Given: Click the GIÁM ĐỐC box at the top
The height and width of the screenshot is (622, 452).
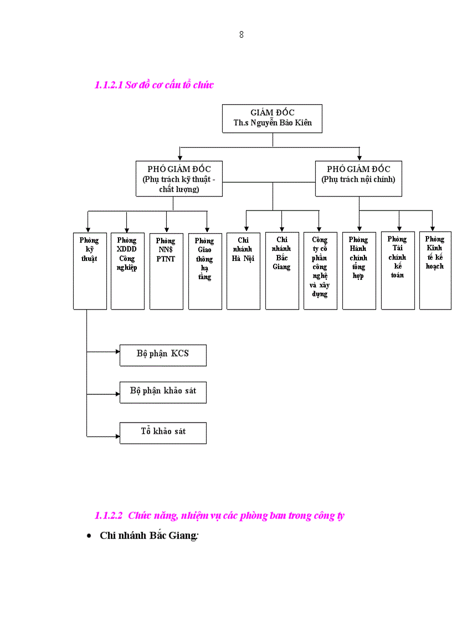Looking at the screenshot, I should [272, 118].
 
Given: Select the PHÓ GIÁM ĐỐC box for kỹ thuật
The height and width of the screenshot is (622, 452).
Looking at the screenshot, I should [179, 178].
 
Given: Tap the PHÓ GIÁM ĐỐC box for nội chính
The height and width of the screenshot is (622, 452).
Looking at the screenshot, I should [358, 178].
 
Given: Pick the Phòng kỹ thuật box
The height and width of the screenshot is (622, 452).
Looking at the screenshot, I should [90, 270].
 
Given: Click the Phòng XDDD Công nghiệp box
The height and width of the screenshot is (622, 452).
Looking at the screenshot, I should [127, 270].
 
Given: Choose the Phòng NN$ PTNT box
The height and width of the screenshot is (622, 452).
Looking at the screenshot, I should [166, 270].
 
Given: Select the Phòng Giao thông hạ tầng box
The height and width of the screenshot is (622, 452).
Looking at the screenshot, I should [205, 270].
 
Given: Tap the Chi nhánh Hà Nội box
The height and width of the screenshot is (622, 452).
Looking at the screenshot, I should [243, 270].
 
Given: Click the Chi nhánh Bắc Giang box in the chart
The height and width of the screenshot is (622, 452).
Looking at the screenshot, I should [282, 270].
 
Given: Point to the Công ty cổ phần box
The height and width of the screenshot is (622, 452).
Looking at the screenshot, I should [320, 270].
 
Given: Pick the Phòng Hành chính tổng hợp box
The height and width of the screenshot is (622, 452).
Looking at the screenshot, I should [359, 270].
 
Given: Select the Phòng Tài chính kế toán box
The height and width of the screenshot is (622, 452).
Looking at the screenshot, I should [398, 270].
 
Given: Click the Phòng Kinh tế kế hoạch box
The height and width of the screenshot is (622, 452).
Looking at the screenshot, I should [435, 270].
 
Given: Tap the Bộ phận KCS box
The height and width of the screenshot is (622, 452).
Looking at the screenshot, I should [163, 354].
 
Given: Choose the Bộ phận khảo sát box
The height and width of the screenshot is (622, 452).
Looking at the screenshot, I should [163, 392].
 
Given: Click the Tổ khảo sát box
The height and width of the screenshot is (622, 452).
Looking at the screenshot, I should [163, 432].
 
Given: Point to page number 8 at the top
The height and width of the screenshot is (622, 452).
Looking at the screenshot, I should [242, 35].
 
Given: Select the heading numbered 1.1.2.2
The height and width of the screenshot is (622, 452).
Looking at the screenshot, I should [219, 515].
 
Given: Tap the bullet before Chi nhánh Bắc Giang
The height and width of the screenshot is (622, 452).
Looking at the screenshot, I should [89, 537].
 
